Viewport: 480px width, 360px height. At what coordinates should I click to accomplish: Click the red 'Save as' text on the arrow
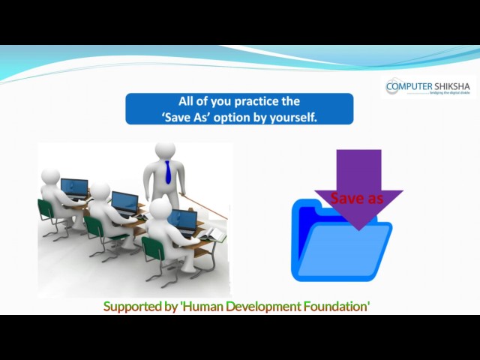click(357, 198)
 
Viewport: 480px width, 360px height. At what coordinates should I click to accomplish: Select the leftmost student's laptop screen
click(74, 185)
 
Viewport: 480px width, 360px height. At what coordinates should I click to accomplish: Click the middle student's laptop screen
click(124, 202)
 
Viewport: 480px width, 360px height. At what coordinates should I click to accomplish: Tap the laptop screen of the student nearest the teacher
click(182, 220)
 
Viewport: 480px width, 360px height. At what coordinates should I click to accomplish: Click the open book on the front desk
click(212, 238)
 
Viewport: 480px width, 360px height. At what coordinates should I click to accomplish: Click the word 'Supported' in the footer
click(130, 306)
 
